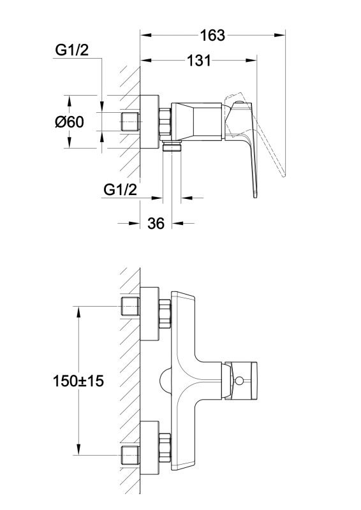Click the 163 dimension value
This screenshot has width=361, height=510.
coord(212,35)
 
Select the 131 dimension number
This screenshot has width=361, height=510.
coord(199,61)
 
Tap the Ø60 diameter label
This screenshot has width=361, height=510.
coord(70,122)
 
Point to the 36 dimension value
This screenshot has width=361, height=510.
coord(156,224)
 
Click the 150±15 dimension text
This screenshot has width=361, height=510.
coord(78,381)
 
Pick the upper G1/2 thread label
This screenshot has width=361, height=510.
coord(72,50)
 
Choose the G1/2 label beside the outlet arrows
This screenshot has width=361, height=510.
coord(120,189)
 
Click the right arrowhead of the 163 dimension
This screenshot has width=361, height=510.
coord(279,35)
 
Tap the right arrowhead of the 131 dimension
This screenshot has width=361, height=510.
coord(251,60)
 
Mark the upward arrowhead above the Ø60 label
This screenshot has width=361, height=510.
coord(69,101)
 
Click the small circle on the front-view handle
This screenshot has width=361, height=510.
coord(240,380)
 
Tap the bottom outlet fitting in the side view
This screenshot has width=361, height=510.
coord(172,147)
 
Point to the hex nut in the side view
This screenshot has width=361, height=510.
coord(165,122)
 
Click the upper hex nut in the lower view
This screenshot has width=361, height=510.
coord(165,314)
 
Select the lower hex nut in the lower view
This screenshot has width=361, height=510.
coord(165,448)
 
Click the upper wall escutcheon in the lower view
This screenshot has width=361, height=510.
coord(149,314)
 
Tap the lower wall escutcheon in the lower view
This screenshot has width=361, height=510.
coord(149,448)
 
